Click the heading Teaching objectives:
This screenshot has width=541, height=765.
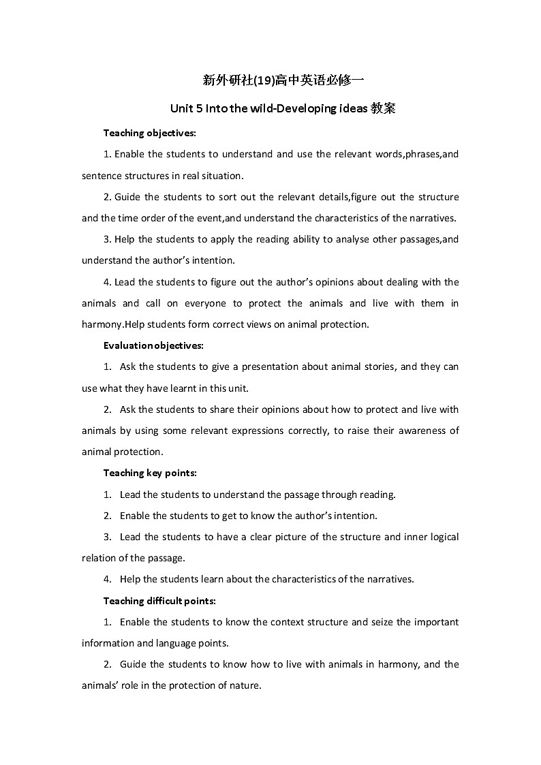click(149, 132)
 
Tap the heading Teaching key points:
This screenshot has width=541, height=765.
click(150, 473)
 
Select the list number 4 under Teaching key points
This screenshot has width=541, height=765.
click(108, 580)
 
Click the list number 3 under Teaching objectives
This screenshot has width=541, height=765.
click(107, 239)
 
